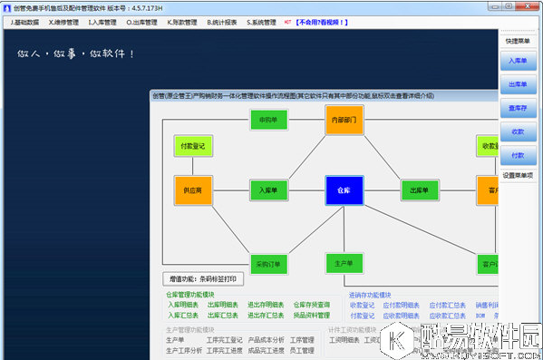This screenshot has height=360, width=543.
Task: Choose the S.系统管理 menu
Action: tap(261, 21)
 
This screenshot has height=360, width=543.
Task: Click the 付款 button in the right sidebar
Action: tap(518, 156)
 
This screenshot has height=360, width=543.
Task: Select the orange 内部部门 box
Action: tap(344, 120)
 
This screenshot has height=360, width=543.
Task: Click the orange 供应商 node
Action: tap(193, 190)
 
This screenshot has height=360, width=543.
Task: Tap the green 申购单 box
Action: tap(268, 120)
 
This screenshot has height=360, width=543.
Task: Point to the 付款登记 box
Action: tap(193, 145)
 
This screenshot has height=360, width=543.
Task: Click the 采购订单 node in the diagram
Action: tap(268, 265)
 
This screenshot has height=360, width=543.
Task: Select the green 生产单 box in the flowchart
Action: tap(344, 263)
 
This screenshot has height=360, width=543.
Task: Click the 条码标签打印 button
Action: tap(204, 278)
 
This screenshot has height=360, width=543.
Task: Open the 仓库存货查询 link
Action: tap(313, 305)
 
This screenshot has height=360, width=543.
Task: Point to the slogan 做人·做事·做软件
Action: tap(77, 54)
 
